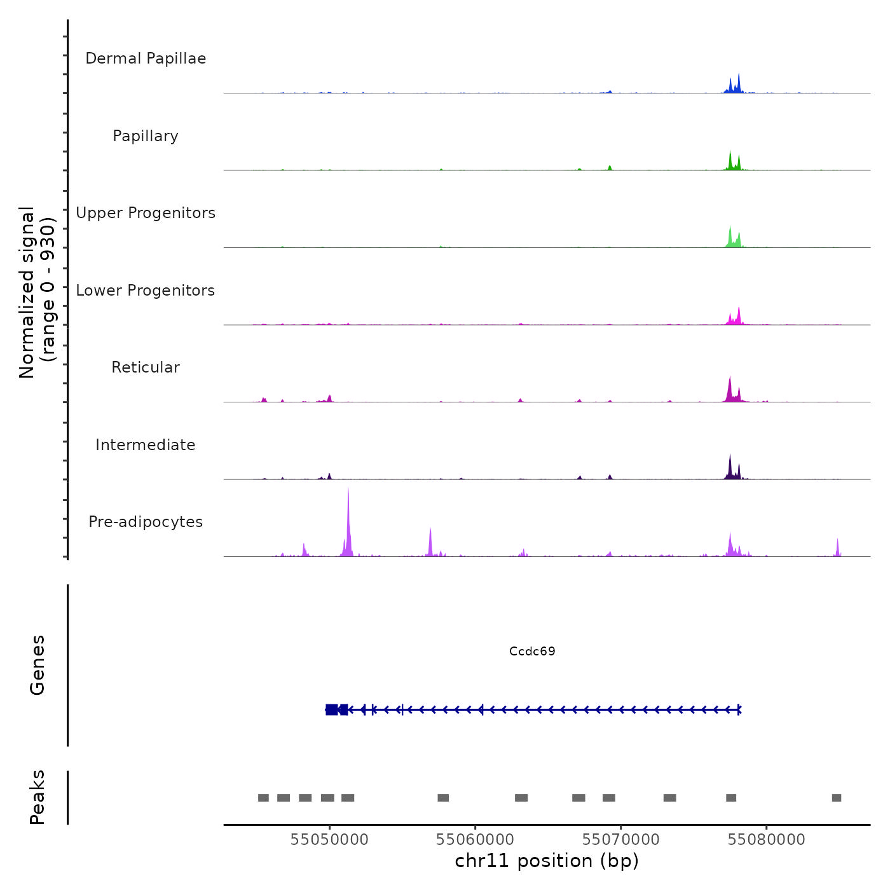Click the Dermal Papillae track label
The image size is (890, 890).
click(x=146, y=58)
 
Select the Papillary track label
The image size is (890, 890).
click(x=146, y=136)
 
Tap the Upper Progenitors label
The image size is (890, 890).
click(x=146, y=213)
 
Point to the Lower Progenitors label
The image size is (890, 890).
click(x=146, y=291)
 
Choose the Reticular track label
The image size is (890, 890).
click(x=146, y=367)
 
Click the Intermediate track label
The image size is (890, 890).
click(x=146, y=445)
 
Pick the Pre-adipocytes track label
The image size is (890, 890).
click(x=146, y=522)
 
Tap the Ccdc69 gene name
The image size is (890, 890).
click(x=532, y=652)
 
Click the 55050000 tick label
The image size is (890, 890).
click(x=329, y=840)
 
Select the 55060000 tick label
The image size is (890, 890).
click(x=475, y=840)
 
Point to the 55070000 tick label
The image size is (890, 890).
click(x=620, y=840)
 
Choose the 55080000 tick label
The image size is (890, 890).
click(x=766, y=840)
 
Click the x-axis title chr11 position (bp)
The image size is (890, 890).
click(x=547, y=861)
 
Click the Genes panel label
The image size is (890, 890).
click(x=38, y=665)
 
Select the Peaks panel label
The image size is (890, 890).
click(x=38, y=797)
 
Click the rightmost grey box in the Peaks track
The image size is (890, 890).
click(x=837, y=798)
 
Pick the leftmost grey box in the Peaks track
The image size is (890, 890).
click(x=263, y=798)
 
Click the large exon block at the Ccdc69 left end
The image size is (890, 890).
click(x=332, y=709)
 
